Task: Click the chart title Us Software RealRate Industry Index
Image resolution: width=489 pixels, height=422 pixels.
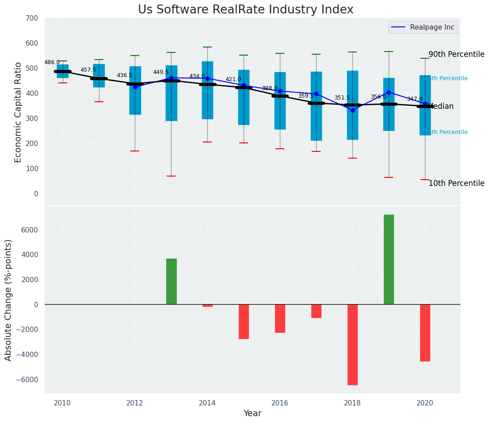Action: point(245,10)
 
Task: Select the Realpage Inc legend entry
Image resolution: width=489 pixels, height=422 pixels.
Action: point(423,27)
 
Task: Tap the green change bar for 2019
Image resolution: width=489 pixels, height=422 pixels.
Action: point(389,259)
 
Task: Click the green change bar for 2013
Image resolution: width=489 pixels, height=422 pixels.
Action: point(171,281)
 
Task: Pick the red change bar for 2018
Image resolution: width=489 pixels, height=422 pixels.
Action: point(352,344)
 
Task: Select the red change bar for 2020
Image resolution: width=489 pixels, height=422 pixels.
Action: point(425,332)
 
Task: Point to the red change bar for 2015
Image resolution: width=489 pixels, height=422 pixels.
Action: point(244,321)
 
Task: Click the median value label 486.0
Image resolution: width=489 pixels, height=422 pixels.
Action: point(52,63)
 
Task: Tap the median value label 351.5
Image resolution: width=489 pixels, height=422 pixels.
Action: point(342,98)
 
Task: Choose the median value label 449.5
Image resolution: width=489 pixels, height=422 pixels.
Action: point(161,72)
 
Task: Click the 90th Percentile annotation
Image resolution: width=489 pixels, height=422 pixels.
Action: point(456,55)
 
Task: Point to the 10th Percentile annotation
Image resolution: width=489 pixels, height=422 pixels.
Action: point(456,184)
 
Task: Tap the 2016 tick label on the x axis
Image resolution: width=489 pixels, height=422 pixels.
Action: point(280,403)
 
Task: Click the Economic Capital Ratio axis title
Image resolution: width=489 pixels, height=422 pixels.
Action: point(18,112)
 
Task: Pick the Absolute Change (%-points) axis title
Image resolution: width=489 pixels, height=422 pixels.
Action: point(9,300)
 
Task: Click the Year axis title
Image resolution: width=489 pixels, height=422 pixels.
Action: point(252,413)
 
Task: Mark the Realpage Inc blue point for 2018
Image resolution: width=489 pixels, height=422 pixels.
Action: point(352,110)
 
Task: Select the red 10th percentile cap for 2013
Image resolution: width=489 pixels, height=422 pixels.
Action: point(171,176)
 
